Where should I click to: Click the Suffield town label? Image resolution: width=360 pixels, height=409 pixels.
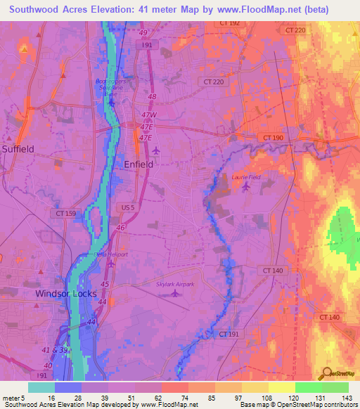(18, 149)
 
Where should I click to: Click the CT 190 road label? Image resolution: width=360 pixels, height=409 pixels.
(271, 136)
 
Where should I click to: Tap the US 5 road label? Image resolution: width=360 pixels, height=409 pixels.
(128, 208)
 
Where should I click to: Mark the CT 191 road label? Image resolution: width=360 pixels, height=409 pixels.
(229, 334)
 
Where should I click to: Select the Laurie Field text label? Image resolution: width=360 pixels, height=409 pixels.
(246, 177)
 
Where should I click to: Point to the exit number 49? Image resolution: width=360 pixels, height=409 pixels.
(143, 33)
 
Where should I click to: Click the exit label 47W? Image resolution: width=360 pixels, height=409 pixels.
(147, 114)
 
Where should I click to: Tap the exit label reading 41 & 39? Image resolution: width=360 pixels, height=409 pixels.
(54, 349)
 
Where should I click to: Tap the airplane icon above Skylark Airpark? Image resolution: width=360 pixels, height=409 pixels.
(174, 293)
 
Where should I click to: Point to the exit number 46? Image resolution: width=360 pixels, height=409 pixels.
(122, 228)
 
